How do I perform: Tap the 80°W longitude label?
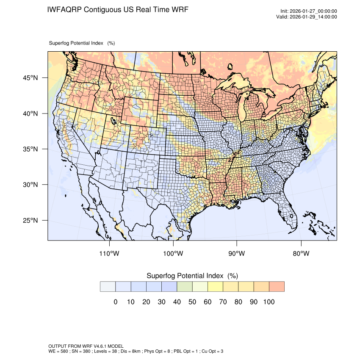(x=301, y=254)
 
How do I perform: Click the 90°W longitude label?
(x=237, y=254)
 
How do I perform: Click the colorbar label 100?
(x=269, y=302)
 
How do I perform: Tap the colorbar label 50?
(x=192, y=302)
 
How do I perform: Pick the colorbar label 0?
(x=115, y=302)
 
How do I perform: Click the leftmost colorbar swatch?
(x=108, y=286)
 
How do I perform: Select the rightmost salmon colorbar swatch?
(x=277, y=286)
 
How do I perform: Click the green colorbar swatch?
(x=185, y=286)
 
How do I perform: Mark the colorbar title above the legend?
(x=192, y=276)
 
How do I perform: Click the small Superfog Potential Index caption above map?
(x=82, y=43)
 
